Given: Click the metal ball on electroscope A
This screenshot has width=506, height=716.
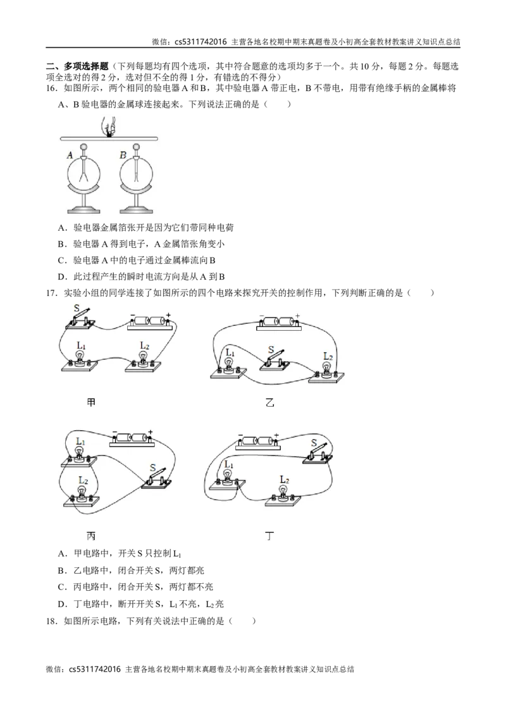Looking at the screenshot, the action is click(x=83, y=147).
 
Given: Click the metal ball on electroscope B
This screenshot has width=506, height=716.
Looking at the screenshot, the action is click(x=136, y=147).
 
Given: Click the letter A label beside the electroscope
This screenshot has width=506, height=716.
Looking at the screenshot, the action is click(x=70, y=155).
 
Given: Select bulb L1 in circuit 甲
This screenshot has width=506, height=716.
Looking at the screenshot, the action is click(x=80, y=360).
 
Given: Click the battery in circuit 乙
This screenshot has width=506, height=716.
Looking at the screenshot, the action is click(x=279, y=323).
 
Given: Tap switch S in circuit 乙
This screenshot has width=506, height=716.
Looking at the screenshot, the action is click(x=275, y=361).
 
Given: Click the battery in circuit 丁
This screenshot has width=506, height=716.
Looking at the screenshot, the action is click(x=258, y=441).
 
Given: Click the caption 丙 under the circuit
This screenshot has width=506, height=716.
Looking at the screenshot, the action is click(x=91, y=536).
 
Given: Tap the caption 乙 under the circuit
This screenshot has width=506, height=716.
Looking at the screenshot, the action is click(x=270, y=402).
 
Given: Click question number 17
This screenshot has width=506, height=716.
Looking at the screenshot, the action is click(x=51, y=293).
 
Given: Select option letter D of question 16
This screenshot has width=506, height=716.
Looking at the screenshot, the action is click(x=61, y=276).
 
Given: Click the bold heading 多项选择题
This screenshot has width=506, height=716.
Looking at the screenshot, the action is click(x=86, y=66).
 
